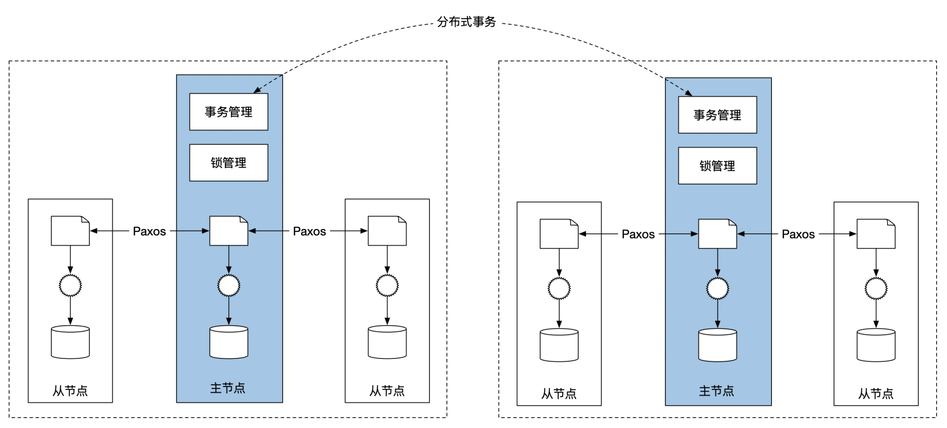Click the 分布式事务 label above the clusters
pyautogui.click(x=466, y=22)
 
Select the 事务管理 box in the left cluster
pyautogui.click(x=228, y=112)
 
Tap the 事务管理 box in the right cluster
pyautogui.click(x=717, y=115)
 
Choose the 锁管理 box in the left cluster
pyautogui.click(x=228, y=163)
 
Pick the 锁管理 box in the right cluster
pyautogui.click(x=717, y=166)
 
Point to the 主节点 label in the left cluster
pyautogui.click(x=228, y=389)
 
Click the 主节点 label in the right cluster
pyautogui.click(x=717, y=391)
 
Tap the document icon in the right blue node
pyautogui.click(x=717, y=234)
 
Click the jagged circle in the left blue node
pyautogui.click(x=228, y=285)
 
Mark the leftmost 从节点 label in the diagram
pyautogui.click(x=70, y=391)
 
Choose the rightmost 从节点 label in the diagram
pyautogui.click(x=875, y=394)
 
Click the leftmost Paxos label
pyautogui.click(x=149, y=232)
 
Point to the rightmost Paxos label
pyautogui.click(x=798, y=234)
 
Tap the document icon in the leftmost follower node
pyautogui.click(x=70, y=231)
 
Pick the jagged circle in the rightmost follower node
pyautogui.click(x=875, y=288)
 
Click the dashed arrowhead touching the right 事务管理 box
pyautogui.click(x=690, y=93)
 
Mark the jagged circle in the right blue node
pyautogui.click(x=717, y=288)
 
